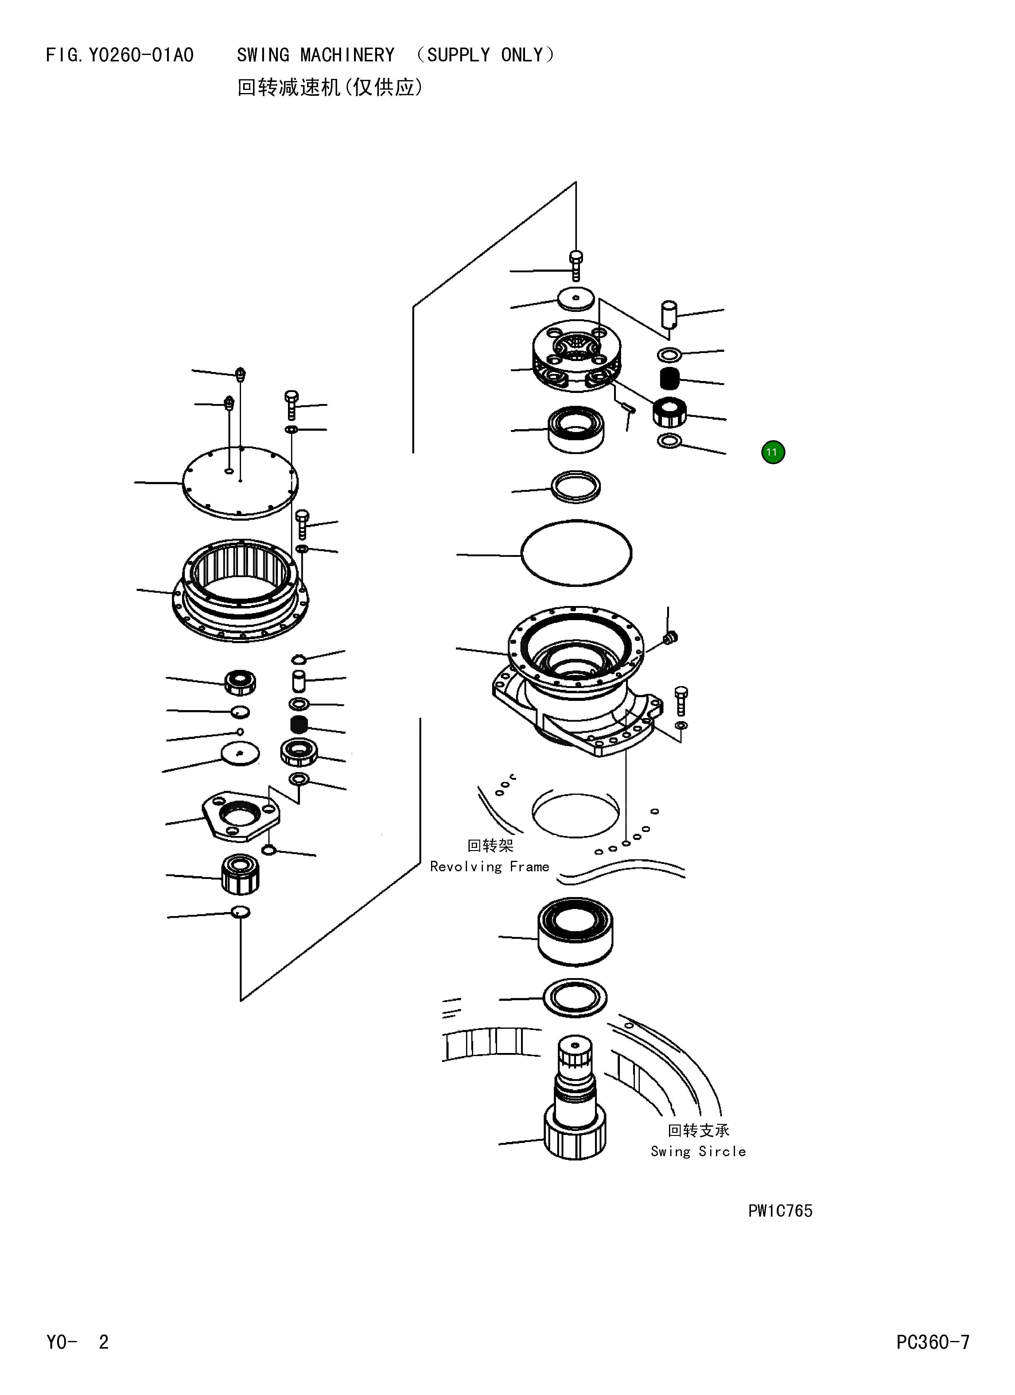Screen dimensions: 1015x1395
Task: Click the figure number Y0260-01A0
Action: tap(141, 55)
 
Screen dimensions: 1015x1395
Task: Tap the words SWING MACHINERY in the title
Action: tap(316, 55)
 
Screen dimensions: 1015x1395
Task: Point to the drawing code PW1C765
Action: tap(780, 1210)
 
